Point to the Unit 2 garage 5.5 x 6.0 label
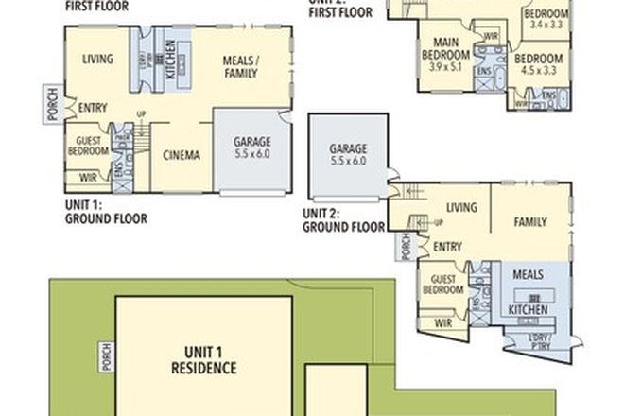tap(347, 155)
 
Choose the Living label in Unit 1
tap(98, 60)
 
